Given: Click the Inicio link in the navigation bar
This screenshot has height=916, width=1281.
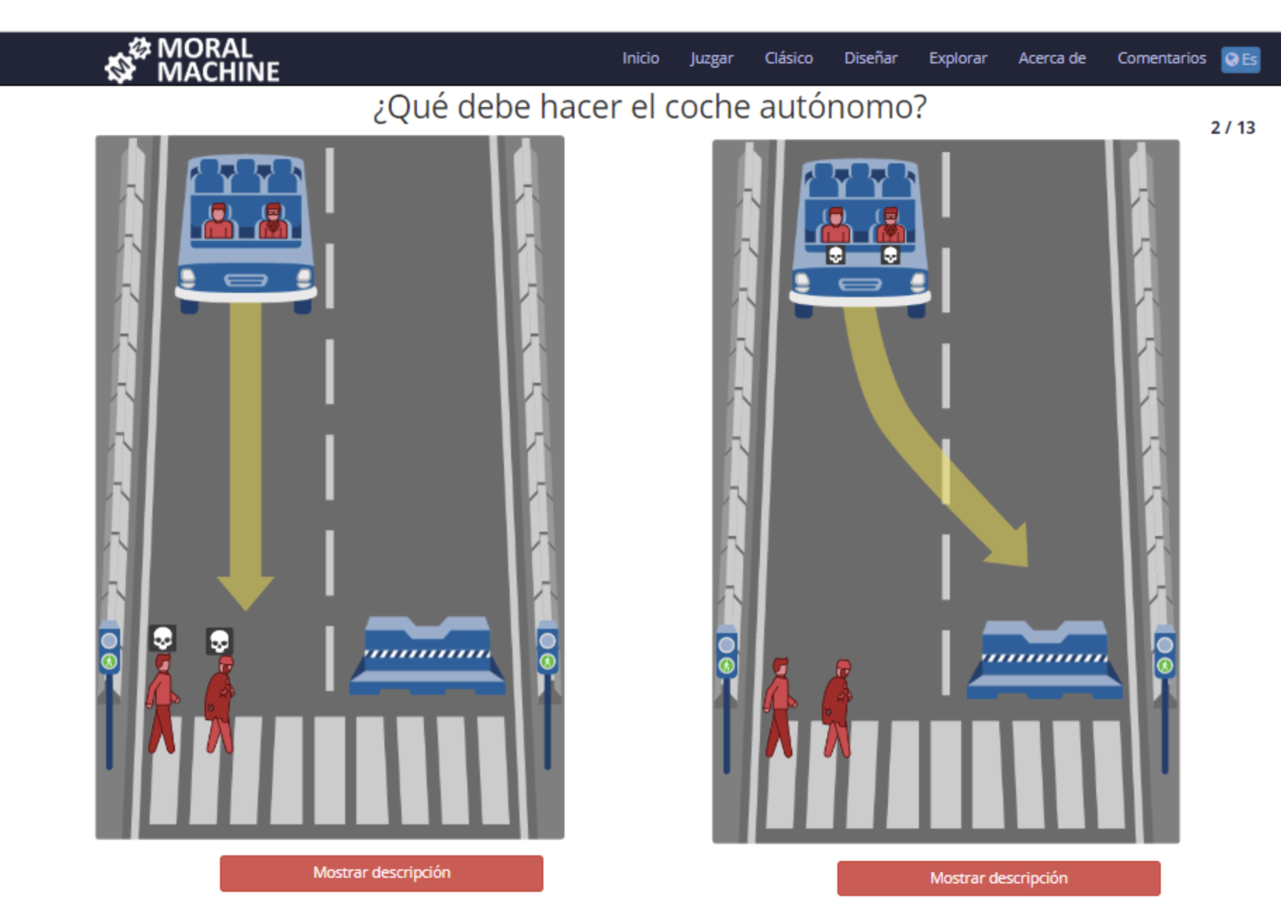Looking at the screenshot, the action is (640, 58).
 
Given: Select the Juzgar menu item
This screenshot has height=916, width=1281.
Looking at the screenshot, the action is (711, 58).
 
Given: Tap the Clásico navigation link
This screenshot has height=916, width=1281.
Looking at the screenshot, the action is (788, 58).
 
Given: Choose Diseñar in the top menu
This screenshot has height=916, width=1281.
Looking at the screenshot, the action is (871, 58).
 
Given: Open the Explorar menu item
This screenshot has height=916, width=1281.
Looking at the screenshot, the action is (957, 58).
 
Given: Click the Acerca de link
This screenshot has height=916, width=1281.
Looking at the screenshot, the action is (1052, 58).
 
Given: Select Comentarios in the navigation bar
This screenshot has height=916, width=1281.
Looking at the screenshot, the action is (1161, 58).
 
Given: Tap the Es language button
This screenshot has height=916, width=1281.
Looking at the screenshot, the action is (1241, 60).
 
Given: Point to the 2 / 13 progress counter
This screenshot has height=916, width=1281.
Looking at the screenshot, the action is (1233, 128).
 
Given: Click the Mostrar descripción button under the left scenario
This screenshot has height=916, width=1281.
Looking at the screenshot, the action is (381, 873).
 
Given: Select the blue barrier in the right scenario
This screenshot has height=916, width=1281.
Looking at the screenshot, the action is (1044, 660).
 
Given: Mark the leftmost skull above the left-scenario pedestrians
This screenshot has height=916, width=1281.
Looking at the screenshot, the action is (162, 638).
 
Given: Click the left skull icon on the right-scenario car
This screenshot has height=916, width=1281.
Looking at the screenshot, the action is (835, 255).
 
